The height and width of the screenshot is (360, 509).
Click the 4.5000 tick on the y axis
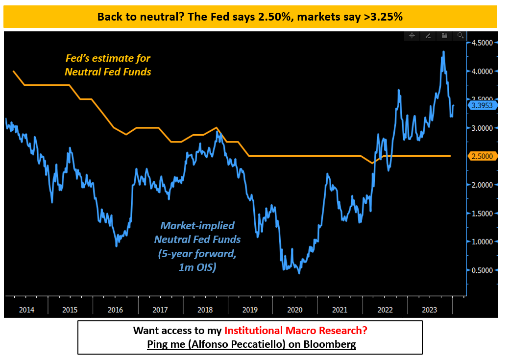(483, 43)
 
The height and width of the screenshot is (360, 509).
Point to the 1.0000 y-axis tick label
(483, 241)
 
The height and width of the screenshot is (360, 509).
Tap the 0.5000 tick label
(483, 270)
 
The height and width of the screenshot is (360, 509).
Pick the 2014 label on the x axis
(26, 310)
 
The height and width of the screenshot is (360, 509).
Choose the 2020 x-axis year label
(295, 310)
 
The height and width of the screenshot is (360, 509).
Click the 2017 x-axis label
(161, 310)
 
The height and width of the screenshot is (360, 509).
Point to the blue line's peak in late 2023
(443, 51)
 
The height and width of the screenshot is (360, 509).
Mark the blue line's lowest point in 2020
(299, 273)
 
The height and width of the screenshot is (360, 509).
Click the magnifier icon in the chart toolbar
(460, 36)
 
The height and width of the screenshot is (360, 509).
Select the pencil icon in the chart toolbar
(428, 36)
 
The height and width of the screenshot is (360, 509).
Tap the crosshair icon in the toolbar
(412, 36)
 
